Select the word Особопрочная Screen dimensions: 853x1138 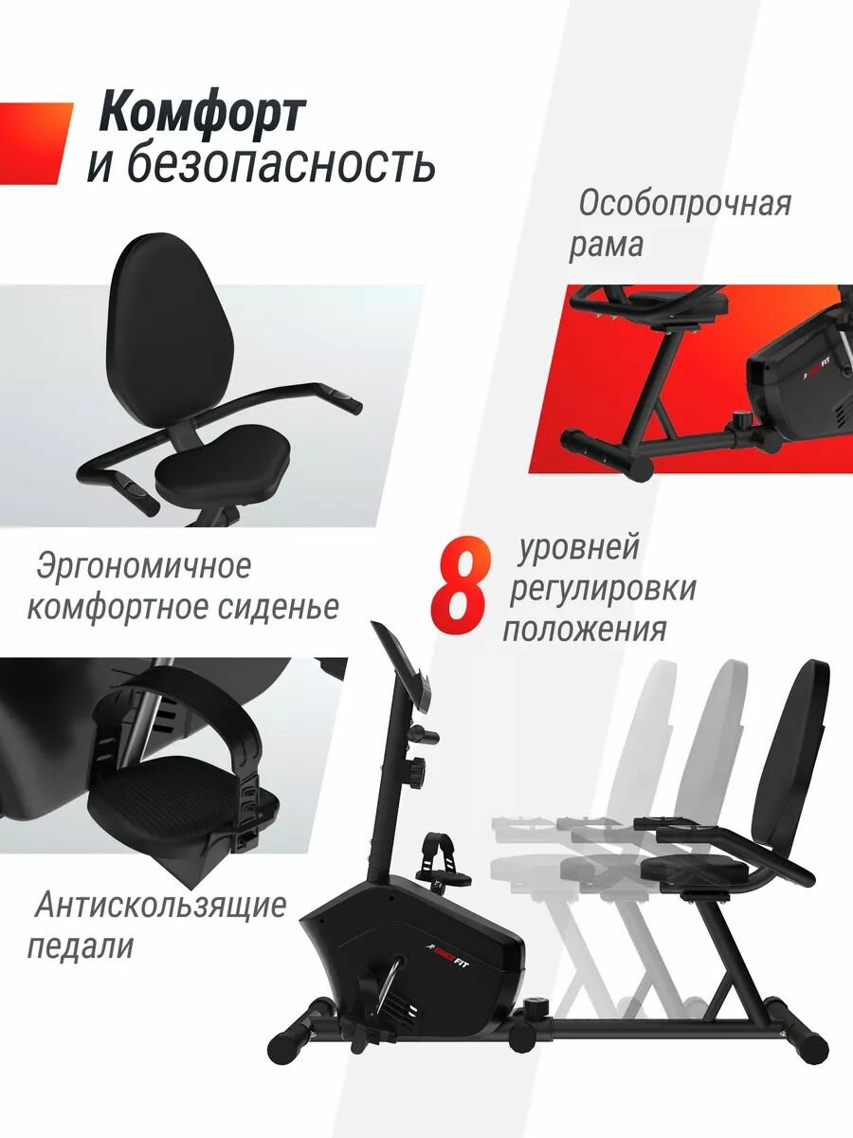(x=684, y=204)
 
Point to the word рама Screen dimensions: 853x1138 (x=606, y=246)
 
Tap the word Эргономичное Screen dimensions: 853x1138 (x=143, y=567)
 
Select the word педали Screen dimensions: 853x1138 (x=81, y=946)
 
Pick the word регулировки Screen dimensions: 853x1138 (x=603, y=590)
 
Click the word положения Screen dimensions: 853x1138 (x=585, y=630)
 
